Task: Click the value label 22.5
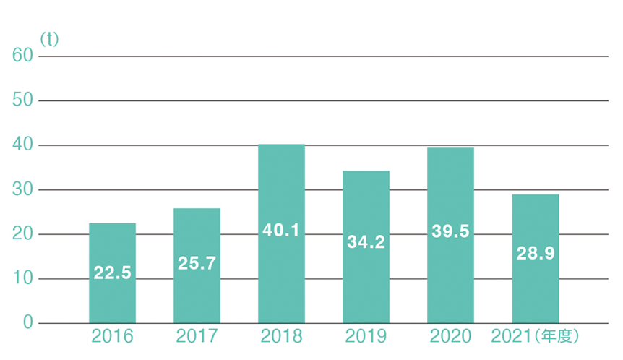pos(112,274)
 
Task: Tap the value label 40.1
pos(281,231)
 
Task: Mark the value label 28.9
pos(535,254)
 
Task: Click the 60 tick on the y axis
pos(23,56)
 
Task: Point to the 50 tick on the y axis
pos(23,101)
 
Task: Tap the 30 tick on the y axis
pos(23,190)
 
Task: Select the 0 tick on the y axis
pos(27,323)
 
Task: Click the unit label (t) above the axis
pos(49,40)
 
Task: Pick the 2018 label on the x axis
pos(282,337)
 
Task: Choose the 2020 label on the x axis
pos(450,337)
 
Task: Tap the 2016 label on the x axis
pos(113,337)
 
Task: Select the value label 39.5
pos(450,231)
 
